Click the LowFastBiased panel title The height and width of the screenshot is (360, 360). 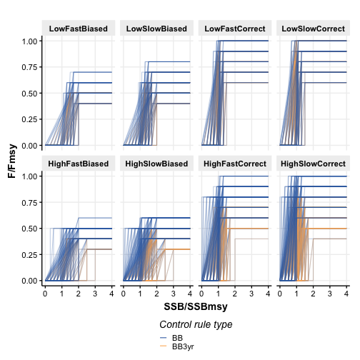pos(79,29)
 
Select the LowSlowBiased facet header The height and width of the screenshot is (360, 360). pos(156,29)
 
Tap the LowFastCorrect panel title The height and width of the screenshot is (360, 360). pos(235,29)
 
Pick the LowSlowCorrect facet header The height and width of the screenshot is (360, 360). pos(313,29)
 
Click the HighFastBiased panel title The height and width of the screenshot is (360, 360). pos(79,164)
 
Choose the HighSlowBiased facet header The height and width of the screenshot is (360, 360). pos(156,164)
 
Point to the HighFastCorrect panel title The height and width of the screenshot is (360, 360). pos(235,164)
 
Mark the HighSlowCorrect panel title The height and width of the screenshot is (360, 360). pos(313,164)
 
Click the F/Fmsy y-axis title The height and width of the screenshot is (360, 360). pos(12,161)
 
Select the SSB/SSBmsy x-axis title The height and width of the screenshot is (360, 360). pos(196,306)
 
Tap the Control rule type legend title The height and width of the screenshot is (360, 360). pos(196,324)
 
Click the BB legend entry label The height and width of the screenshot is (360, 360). pos(177,338)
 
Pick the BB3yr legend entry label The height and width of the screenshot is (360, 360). pos(183,346)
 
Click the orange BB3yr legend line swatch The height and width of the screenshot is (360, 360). pos(163,346)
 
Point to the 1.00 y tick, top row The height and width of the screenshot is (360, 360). pos(30,41)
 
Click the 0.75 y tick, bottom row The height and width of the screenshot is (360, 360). pos(30,202)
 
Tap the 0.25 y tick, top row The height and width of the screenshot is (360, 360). pos(30,119)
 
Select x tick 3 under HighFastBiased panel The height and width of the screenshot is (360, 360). pos(95,294)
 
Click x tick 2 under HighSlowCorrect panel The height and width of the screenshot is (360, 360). pos(313,294)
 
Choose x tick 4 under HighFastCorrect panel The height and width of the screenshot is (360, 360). pos(268,294)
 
